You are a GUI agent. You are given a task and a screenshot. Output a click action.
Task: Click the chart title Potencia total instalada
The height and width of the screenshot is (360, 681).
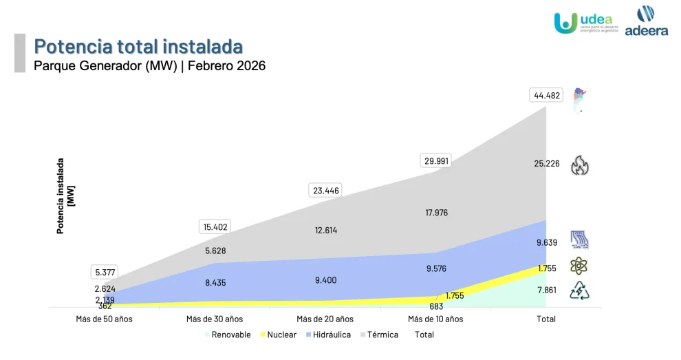tap(138, 47)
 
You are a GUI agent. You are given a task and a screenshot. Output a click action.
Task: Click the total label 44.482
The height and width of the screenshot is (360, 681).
tap(548, 96)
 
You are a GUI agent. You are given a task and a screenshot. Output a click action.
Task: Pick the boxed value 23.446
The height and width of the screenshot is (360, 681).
tap(326, 191)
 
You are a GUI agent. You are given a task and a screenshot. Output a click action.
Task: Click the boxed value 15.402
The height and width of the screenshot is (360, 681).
tap(215, 226)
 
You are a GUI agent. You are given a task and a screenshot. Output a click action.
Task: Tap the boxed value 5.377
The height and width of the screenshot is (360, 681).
tap(105, 272)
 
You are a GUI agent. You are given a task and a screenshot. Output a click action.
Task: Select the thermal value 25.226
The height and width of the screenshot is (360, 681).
tap(547, 164)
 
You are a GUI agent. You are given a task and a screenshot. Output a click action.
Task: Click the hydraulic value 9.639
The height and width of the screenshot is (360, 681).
tap(547, 242)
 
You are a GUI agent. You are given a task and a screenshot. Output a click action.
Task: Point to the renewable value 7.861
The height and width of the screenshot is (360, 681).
tap(547, 290)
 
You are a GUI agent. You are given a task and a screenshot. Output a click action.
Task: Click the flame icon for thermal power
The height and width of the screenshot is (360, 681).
tap(580, 165)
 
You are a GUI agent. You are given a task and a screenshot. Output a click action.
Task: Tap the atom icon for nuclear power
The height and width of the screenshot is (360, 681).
tap(579, 266)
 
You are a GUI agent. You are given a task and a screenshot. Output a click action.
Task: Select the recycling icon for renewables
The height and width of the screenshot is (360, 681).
tap(579, 291)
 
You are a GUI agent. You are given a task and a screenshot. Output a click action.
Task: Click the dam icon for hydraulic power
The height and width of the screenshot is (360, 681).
tap(579, 240)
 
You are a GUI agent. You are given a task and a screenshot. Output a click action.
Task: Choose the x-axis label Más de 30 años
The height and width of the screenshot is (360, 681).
tap(215, 319)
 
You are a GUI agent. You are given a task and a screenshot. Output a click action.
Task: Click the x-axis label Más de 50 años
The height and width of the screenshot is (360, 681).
tap(104, 319)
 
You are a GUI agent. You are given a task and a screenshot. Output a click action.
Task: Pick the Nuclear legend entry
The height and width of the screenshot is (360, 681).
tap(278, 335)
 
